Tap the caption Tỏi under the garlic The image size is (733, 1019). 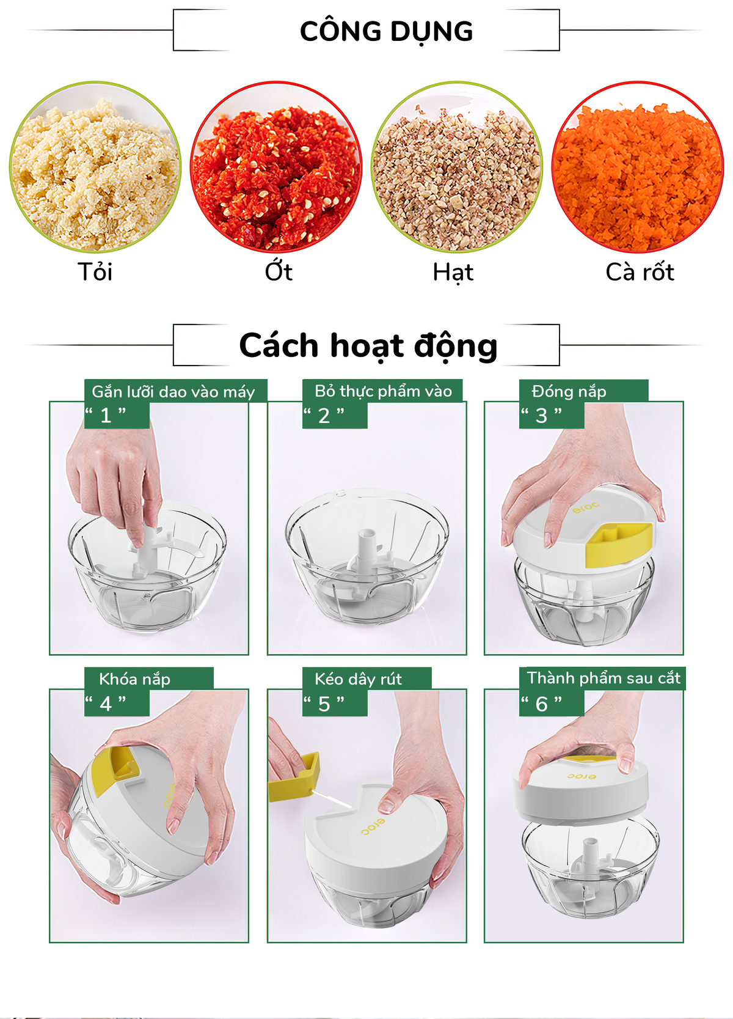(x=95, y=271)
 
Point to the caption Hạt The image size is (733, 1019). (x=453, y=273)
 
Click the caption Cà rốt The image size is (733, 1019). (x=640, y=272)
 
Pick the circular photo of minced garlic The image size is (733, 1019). (x=95, y=166)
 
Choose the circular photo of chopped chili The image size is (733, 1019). (x=276, y=166)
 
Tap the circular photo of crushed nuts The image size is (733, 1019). (x=457, y=166)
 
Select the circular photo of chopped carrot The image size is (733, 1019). (x=638, y=166)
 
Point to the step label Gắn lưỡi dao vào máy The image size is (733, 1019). (x=173, y=392)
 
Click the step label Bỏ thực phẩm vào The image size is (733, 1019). (x=384, y=391)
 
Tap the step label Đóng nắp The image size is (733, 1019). (x=569, y=392)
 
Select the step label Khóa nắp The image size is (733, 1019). (x=134, y=680)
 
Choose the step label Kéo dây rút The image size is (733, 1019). (x=359, y=679)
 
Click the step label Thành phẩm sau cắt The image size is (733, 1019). (x=604, y=679)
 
